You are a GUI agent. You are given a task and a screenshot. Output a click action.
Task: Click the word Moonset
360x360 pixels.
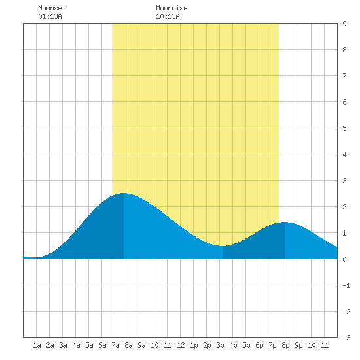pos(52,8)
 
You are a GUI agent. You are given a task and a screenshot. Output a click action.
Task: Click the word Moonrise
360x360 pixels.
pos(171,8)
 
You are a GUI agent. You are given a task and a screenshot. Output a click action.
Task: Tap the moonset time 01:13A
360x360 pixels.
pos(50,16)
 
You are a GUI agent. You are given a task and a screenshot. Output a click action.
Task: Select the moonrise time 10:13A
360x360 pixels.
pos(168,16)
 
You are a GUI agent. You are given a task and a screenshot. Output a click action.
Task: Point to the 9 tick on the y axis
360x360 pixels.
pos(344,24)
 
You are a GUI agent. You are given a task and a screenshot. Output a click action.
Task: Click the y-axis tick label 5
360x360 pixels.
pos(344,128)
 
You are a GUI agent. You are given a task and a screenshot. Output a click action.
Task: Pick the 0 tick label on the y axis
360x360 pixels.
pos(344,259)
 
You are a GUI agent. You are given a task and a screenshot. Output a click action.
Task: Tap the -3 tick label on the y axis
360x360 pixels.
pos(346,338)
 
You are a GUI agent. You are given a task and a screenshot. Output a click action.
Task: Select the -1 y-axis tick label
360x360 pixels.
pos(346,285)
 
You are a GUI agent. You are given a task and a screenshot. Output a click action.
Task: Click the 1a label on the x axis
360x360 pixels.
pos(37,345)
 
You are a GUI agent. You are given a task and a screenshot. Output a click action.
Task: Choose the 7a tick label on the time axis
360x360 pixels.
pos(115,345)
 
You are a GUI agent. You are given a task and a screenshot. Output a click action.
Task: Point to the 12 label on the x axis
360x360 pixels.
pos(181,345)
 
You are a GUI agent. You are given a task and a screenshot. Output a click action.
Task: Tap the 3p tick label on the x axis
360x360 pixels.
pos(220,345)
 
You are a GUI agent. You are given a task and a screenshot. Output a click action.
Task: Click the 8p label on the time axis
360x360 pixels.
pos(285,345)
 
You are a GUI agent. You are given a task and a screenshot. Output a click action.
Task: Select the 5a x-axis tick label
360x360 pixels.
pos(89,345)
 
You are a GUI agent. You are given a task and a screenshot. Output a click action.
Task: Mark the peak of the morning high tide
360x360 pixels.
pos(124,193)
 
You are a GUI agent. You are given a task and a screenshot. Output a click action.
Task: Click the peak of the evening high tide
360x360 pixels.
pos(285,222)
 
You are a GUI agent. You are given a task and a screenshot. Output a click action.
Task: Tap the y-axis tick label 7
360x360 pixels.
pos(344,76)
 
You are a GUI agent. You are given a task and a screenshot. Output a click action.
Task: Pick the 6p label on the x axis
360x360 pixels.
pos(259,345)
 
